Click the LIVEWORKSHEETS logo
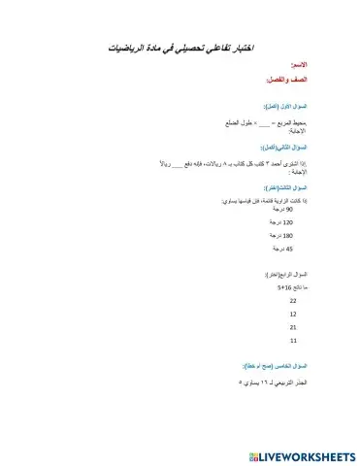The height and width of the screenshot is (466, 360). click(x=302, y=454)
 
